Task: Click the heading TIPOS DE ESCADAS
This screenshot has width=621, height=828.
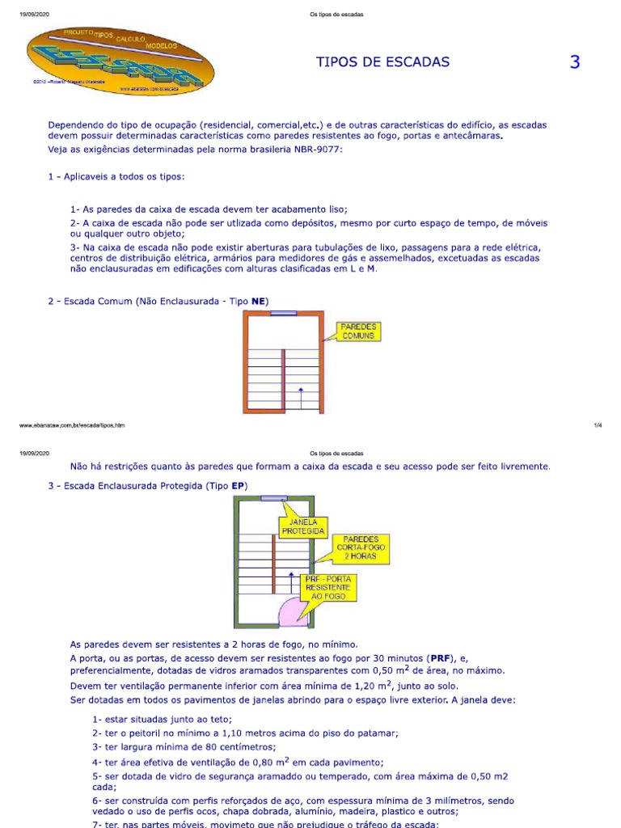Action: pyautogui.click(x=382, y=62)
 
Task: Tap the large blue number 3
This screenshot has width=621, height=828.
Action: pyautogui.click(x=575, y=62)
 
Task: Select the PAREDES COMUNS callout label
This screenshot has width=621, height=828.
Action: pyautogui.click(x=356, y=331)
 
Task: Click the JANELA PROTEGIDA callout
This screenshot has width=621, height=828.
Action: pyautogui.click(x=302, y=527)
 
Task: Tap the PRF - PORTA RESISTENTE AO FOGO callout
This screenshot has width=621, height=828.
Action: pyautogui.click(x=328, y=588)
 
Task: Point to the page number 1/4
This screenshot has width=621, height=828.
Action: pyautogui.click(x=598, y=425)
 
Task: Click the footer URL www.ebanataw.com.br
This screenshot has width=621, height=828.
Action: pyautogui.click(x=71, y=425)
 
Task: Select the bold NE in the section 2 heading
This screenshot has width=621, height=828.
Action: pyautogui.click(x=259, y=302)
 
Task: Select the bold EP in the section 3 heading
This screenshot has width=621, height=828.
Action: pyautogui.click(x=238, y=485)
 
